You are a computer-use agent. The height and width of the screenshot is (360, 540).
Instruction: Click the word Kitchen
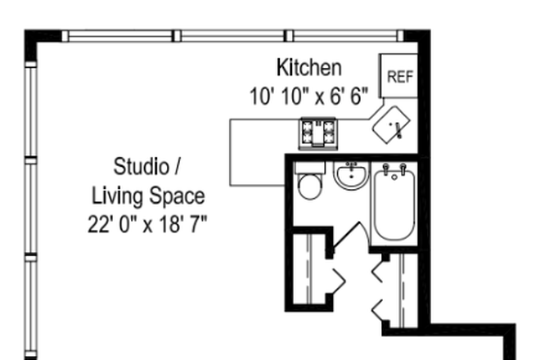308,67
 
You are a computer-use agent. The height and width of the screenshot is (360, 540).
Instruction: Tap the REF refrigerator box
399,77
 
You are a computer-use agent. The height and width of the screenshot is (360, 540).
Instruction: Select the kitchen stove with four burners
318,133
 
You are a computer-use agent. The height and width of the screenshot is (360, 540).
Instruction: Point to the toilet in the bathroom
310,185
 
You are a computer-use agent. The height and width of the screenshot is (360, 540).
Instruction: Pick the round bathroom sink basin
353,176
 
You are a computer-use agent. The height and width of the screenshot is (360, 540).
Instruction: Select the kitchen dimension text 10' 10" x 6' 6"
308,96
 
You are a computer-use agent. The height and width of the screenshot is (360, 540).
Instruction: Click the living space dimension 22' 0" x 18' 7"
147,223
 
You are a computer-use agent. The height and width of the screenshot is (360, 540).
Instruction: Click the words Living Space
147,196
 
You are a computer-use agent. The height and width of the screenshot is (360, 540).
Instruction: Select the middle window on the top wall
232,35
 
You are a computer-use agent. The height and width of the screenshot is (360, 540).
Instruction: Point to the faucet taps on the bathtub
393,171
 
